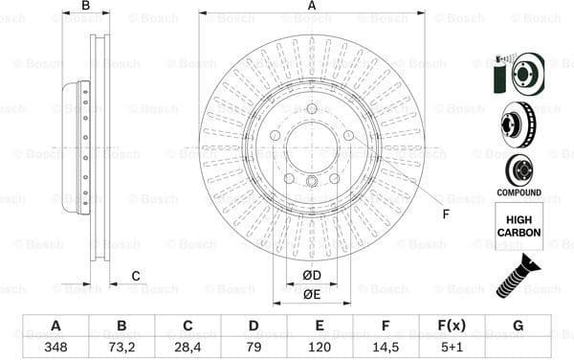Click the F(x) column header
click(452, 326)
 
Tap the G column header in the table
click(518, 326)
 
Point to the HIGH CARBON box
click(519, 226)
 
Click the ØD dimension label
click(312, 277)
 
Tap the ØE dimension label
click(312, 294)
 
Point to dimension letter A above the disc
click(312, 6)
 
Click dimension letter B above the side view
click(85, 6)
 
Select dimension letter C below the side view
click(135, 277)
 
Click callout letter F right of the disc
click(445, 213)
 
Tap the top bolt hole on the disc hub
click(312, 108)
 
